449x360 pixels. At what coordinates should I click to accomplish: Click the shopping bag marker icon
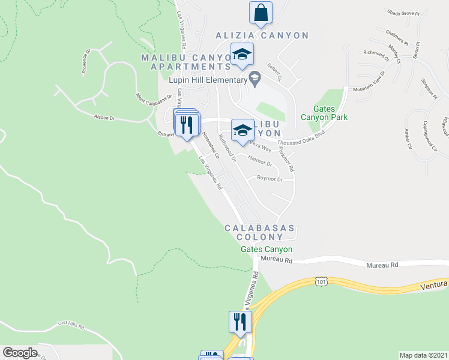pyautogui.click(x=261, y=13)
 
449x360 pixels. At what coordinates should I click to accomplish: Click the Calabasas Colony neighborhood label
pyautogui.click(x=260, y=233)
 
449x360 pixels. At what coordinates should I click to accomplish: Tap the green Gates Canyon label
pyautogui.click(x=267, y=249)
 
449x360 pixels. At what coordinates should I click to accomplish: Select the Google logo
pyautogui.click(x=20, y=353)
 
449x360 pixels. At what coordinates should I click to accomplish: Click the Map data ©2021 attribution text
pyautogui.click(x=423, y=355)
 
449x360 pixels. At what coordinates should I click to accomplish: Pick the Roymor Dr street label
pyautogui.click(x=270, y=179)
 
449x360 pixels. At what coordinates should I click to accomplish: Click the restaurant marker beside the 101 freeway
pyautogui.click(x=238, y=322)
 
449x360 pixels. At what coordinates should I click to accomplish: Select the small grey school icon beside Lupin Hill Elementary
pyautogui.click(x=255, y=78)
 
